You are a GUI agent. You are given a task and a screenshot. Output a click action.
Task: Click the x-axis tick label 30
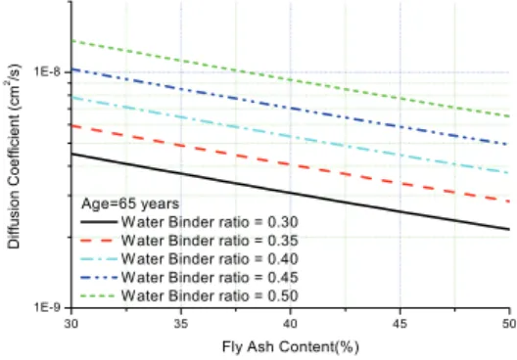[x=70, y=324]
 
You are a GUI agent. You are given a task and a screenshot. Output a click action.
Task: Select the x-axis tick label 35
[x=181, y=324]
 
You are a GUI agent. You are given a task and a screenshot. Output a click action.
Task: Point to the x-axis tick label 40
[x=291, y=324]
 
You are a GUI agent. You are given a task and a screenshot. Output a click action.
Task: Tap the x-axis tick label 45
[x=399, y=324]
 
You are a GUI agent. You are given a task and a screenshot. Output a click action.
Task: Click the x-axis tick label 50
[x=509, y=324]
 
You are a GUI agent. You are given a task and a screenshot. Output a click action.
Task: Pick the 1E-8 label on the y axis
[x=48, y=71]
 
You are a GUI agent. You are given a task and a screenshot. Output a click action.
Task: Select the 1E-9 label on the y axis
[x=48, y=307]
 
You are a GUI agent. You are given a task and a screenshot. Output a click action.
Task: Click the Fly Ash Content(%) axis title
[x=291, y=347]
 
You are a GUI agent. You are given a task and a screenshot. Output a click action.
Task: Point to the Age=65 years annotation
[x=130, y=203]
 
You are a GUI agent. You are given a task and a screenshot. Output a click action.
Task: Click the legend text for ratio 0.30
[x=210, y=222]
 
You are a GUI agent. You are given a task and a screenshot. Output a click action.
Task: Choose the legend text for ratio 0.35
[x=210, y=241]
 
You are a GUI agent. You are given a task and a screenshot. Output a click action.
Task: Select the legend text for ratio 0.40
[x=210, y=259]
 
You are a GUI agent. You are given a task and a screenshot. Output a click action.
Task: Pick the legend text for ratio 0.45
[x=210, y=277]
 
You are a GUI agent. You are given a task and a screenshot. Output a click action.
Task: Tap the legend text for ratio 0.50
[x=210, y=295]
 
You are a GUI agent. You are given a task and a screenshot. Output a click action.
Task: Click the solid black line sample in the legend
[x=99, y=222]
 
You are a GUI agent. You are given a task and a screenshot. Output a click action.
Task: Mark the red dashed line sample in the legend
[x=98, y=241]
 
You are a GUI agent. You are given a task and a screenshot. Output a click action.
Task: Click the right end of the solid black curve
[x=509, y=229]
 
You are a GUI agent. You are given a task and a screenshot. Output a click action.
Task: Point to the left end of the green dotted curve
[x=71, y=40]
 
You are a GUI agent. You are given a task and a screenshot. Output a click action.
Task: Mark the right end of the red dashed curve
[x=509, y=202]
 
